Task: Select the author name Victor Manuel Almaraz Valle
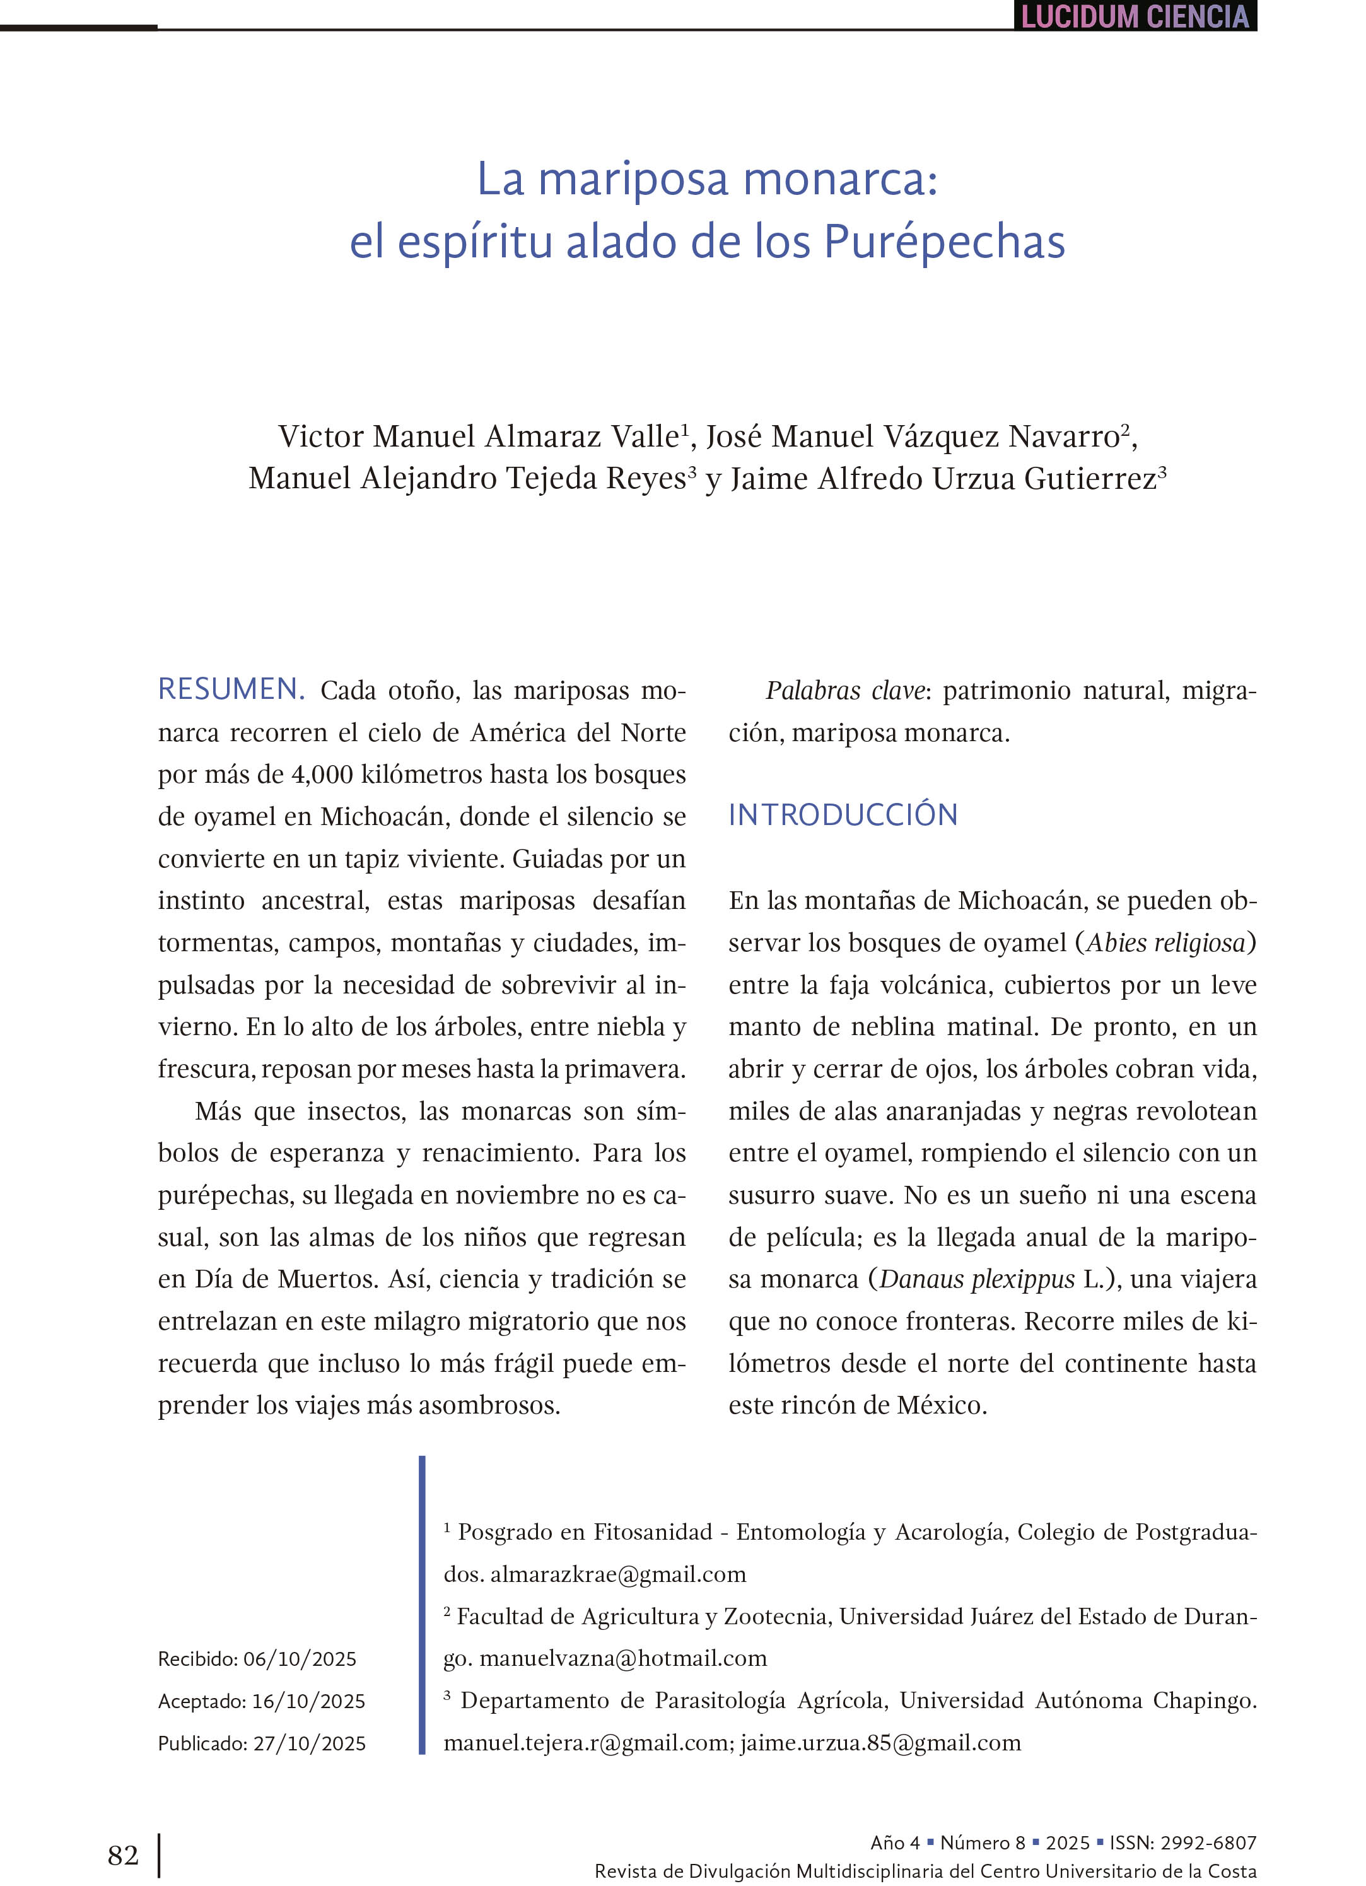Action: (479, 436)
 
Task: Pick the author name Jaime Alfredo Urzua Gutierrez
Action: (943, 479)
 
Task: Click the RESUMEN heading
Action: (230, 689)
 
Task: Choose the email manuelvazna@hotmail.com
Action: (622, 1658)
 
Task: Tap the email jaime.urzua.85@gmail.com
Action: (880, 1742)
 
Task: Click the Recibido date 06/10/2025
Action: (300, 1659)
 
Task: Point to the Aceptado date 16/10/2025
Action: (308, 1701)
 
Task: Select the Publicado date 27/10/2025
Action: (309, 1744)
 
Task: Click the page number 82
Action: (123, 1855)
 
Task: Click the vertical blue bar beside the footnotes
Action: (423, 1605)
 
